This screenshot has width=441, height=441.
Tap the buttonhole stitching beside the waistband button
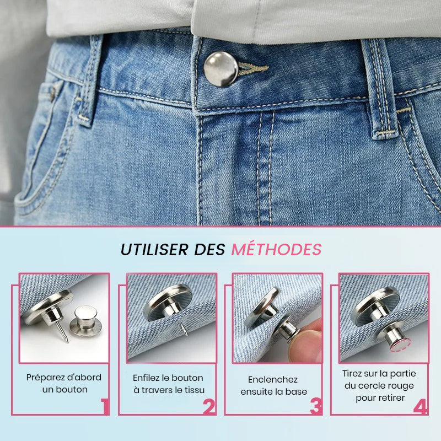[252, 69]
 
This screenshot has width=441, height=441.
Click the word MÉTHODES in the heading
[276, 249]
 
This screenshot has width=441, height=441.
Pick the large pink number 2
[208, 406]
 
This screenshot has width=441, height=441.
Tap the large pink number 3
[315, 406]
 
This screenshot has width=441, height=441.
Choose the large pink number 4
[420, 406]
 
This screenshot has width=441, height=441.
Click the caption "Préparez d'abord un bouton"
[64, 383]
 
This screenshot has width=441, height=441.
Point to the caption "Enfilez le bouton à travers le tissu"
[168, 383]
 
